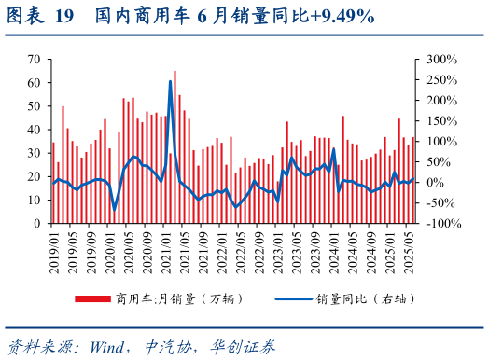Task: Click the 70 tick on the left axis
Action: point(33,59)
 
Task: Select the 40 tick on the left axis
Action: point(33,129)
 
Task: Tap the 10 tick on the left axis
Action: point(33,200)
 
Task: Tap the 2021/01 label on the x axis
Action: point(165,250)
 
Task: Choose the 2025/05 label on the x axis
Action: point(408,250)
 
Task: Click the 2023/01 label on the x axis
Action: point(277,250)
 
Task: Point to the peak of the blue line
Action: point(170,82)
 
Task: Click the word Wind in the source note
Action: point(108,347)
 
